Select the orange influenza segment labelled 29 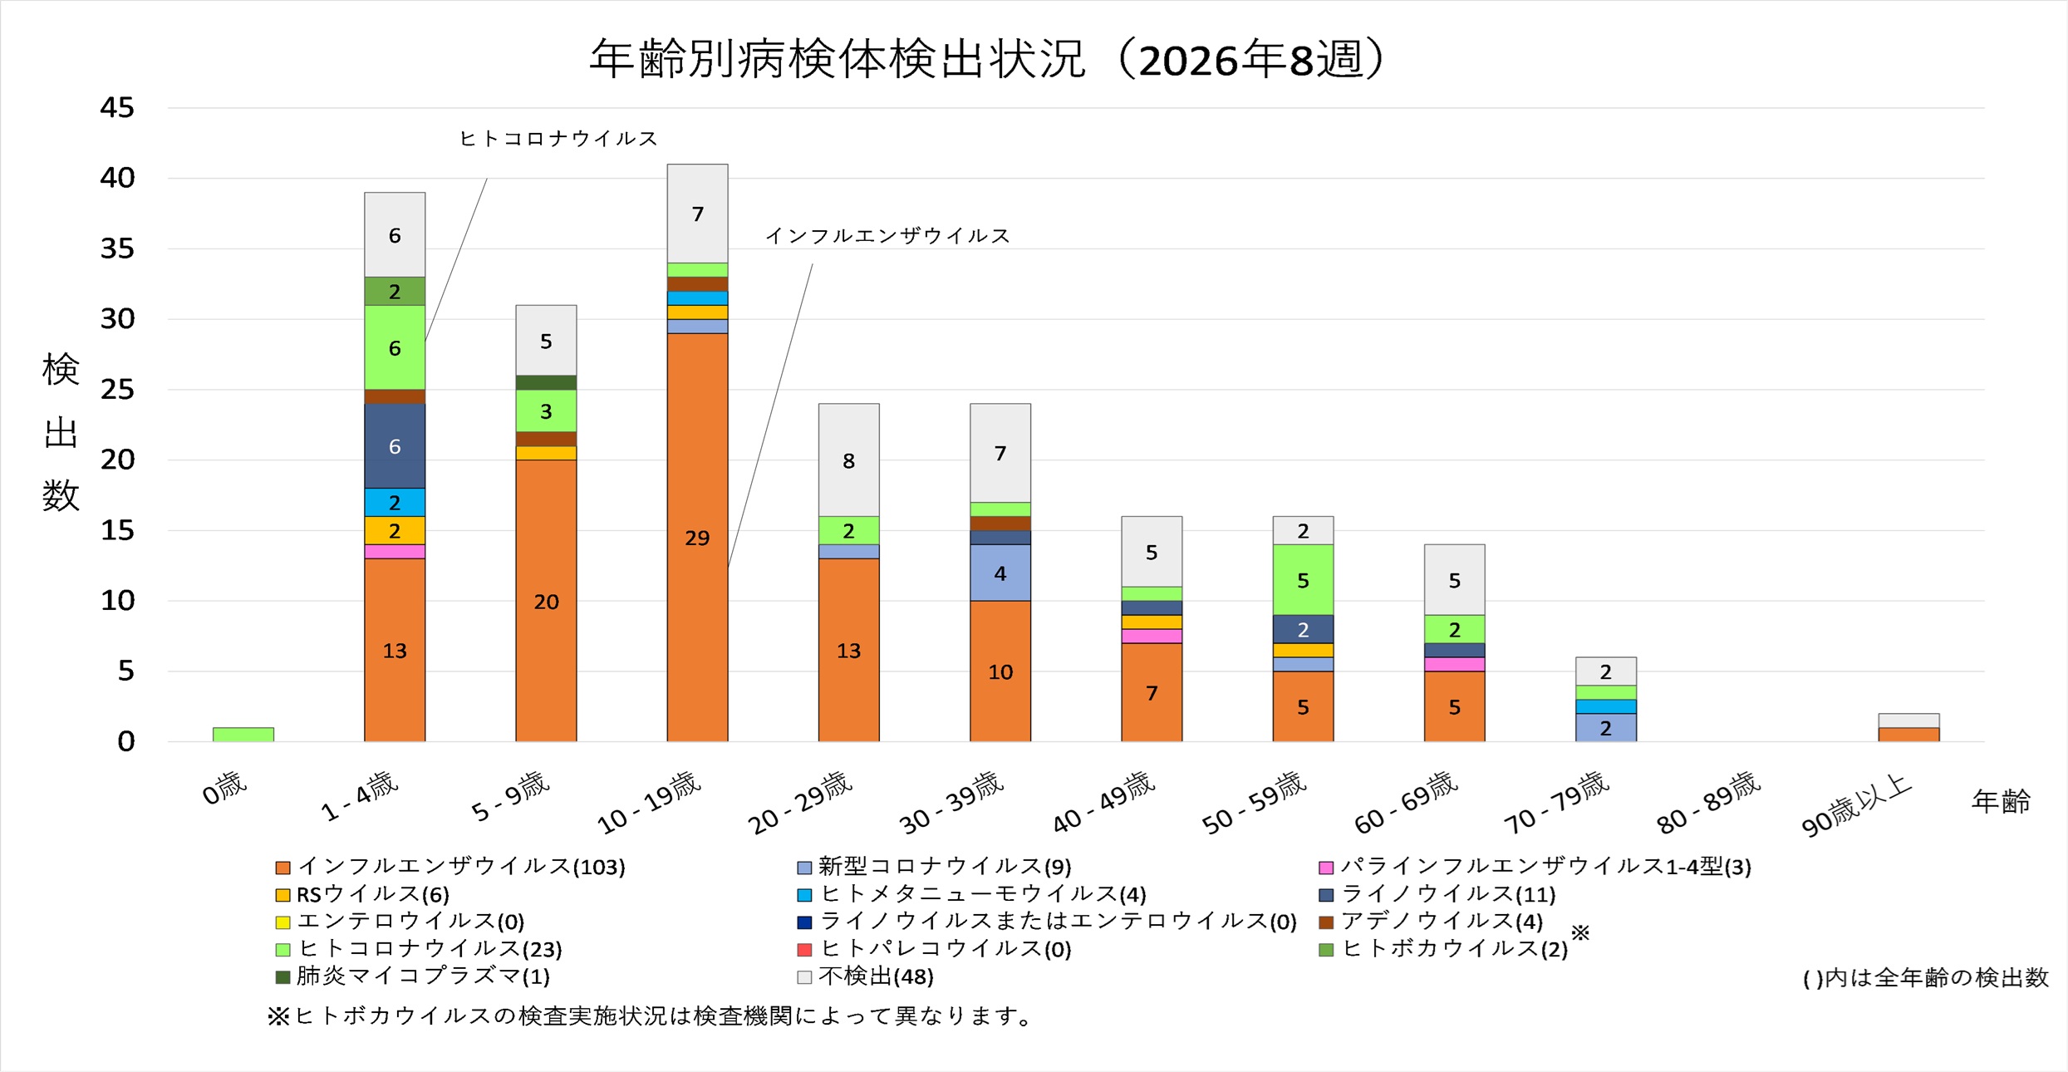tap(697, 537)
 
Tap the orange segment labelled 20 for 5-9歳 tap(546, 600)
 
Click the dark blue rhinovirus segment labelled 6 tap(395, 445)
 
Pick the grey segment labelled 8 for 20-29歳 tap(848, 460)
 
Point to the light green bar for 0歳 tap(243, 735)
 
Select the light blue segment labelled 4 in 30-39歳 tap(1000, 573)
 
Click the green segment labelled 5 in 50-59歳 tap(1303, 579)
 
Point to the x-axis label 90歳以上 tap(1857, 804)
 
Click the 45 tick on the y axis tap(117, 108)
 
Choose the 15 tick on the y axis tap(117, 530)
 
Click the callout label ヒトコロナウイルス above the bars tap(558, 138)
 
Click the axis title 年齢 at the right tap(2001, 801)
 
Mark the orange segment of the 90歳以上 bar tap(1908, 735)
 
